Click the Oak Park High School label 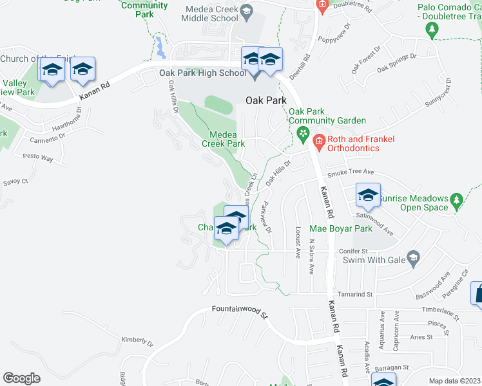[x=203, y=73]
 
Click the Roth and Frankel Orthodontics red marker [x=318, y=140]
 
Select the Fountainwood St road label [x=239, y=312]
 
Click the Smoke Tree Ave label [x=351, y=172]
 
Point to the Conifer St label [x=355, y=251]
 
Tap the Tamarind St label [x=361, y=294]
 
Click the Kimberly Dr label [x=137, y=341]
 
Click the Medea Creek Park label [x=223, y=139]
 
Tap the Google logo [x=21, y=378]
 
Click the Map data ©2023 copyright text [x=455, y=381]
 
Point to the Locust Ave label [x=298, y=242]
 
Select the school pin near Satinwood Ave [x=367, y=196]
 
